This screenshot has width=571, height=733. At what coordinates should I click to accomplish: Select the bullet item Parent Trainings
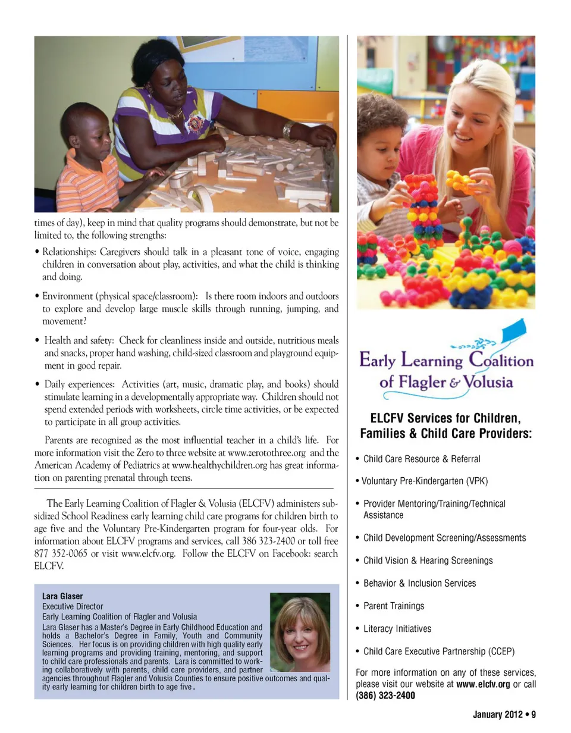coord(394,606)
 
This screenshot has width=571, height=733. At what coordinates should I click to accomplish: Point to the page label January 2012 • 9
coord(504,715)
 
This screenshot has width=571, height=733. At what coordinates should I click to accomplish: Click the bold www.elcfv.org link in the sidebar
coord(482,684)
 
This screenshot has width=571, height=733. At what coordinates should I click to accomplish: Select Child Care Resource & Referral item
coord(421,459)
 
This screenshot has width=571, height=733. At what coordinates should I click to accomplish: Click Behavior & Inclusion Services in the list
coord(419,583)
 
